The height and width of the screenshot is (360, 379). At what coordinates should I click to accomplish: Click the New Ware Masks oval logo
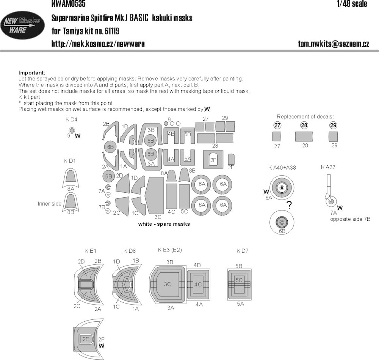(22, 25)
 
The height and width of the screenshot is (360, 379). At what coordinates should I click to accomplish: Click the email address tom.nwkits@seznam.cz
(334, 44)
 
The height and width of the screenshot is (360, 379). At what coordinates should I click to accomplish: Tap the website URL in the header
(98, 44)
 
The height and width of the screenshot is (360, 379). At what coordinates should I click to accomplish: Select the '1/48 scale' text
(352, 4)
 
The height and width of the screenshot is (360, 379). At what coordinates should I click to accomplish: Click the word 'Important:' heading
(32, 73)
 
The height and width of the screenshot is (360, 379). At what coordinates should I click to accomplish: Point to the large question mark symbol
(289, 205)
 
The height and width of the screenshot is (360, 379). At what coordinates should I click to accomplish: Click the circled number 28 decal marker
(304, 125)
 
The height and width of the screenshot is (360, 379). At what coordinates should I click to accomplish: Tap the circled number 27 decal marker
(277, 125)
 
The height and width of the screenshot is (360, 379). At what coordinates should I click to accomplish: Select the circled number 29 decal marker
(333, 125)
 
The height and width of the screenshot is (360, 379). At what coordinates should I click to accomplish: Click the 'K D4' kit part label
(71, 119)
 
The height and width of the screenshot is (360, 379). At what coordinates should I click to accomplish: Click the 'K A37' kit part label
(328, 167)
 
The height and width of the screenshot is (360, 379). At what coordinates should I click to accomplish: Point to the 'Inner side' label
(50, 204)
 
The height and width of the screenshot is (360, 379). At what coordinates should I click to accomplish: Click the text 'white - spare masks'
(164, 224)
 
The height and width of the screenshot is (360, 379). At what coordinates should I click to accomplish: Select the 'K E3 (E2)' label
(170, 250)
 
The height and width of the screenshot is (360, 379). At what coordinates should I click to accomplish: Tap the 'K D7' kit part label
(243, 251)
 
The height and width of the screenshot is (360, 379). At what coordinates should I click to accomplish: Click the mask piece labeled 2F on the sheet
(213, 159)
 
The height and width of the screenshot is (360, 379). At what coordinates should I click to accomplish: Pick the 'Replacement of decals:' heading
(305, 116)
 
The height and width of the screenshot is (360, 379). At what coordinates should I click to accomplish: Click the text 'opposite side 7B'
(350, 219)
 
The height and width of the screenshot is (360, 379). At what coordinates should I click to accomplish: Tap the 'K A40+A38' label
(282, 168)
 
